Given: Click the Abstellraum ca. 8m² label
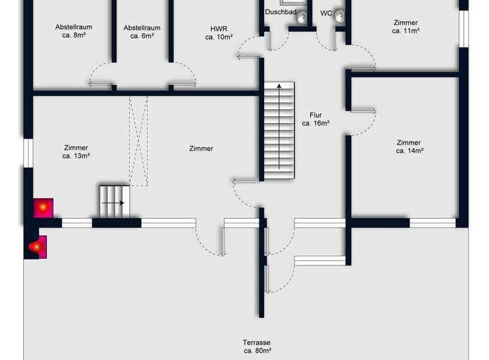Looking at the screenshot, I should (x=73, y=32).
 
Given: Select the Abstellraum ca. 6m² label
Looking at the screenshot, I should (x=142, y=32).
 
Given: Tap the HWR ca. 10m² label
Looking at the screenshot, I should (x=219, y=33).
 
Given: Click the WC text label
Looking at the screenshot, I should (x=326, y=13).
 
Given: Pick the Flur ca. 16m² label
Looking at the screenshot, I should (x=315, y=119).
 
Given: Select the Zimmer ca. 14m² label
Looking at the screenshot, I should (x=409, y=147).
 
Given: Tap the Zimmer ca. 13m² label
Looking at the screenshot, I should (x=75, y=151).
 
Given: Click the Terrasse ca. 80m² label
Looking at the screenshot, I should (x=257, y=346).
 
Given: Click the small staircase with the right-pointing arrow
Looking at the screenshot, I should (x=114, y=201).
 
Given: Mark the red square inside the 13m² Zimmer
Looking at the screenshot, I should (x=43, y=207).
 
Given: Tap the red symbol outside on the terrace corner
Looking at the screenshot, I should (x=37, y=247).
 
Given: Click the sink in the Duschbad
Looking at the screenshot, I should (x=301, y=18).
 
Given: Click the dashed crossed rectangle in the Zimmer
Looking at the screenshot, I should (x=139, y=141).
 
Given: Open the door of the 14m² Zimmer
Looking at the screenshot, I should (x=363, y=120).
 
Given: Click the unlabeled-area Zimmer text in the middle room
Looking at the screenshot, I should (x=201, y=148).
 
